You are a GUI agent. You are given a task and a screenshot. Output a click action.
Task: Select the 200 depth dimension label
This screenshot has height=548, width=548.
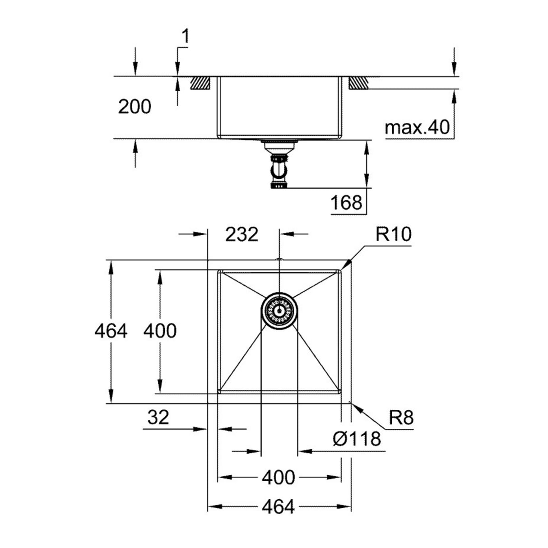coord(135,107)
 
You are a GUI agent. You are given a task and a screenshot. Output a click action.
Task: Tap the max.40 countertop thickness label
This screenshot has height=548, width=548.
coord(417,128)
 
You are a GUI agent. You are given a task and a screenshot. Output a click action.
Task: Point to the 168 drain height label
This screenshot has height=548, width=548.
coord(346,203)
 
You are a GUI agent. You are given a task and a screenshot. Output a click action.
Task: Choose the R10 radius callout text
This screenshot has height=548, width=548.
coord(393,234)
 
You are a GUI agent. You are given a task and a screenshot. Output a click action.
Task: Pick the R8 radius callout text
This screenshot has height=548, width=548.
coord(401,418)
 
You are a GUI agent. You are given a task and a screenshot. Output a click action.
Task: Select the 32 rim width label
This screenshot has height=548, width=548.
coord(158,417)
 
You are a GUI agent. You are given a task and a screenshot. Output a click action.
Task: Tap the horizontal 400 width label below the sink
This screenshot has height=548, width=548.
coord(279,478)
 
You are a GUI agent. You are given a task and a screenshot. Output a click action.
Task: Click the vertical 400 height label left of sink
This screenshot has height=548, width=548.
coord(160,331)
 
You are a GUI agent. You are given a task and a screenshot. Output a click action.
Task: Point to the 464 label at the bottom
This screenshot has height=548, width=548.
coord(278,507)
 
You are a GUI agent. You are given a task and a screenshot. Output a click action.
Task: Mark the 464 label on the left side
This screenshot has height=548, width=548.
coord(111,331)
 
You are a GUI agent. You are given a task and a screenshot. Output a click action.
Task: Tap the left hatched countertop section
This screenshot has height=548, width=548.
coord(201,83)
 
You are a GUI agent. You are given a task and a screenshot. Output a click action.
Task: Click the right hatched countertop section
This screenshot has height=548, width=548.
coord(358,83)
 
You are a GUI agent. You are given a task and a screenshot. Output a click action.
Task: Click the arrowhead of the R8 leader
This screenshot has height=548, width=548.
coord(354,405)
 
